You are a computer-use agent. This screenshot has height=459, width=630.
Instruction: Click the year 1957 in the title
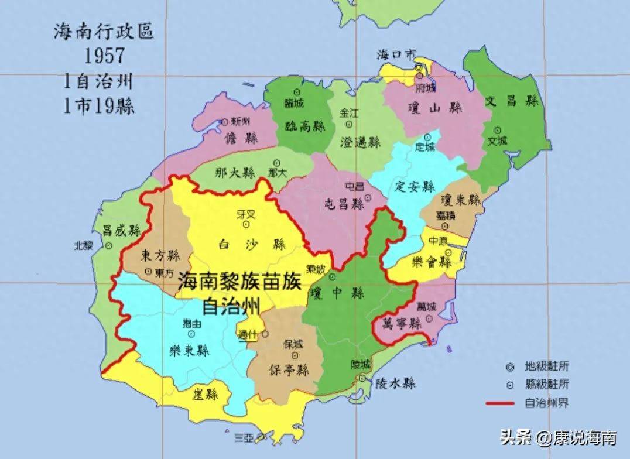pyautogui.click(x=104, y=56)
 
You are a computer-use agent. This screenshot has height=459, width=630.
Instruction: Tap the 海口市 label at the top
pyautogui.click(x=396, y=54)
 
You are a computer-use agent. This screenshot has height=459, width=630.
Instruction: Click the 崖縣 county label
pyautogui.click(x=204, y=394)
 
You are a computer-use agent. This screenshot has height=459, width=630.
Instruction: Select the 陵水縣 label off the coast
pyautogui.click(x=395, y=383)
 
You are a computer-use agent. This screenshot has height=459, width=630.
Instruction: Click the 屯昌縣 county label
pyautogui.click(x=345, y=204)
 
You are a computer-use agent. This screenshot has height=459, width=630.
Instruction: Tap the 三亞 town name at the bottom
pyautogui.click(x=245, y=438)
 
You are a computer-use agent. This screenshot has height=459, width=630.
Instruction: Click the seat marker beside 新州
pyautogui.click(x=225, y=122)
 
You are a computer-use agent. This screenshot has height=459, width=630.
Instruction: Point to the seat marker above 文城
pyautogui.click(x=498, y=130)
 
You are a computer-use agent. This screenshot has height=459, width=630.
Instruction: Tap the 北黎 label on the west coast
pyautogui.click(x=84, y=245)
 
